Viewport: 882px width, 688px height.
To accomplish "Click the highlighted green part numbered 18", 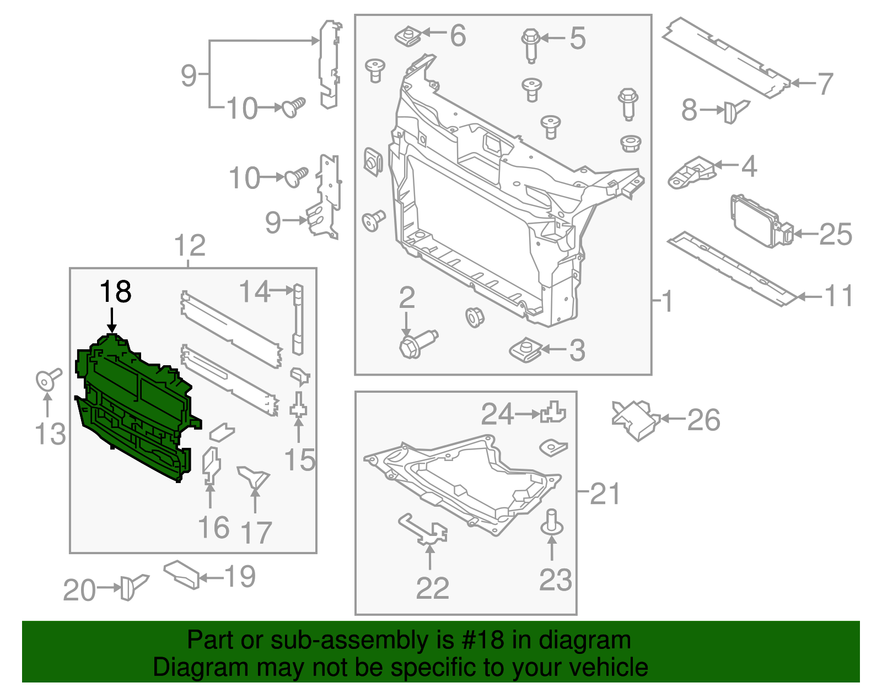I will (135, 408).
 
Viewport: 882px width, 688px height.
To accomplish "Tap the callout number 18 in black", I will (116, 292).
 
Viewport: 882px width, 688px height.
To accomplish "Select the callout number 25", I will (836, 235).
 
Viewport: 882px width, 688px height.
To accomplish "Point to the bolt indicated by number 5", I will (530, 44).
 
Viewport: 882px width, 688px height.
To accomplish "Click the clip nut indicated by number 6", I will (408, 37).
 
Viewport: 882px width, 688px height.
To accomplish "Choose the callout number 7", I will (825, 84).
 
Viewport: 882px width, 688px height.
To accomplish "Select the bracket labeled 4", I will (691, 172).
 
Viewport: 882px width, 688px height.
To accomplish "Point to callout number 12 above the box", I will (190, 246).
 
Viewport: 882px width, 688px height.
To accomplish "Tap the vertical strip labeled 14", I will (298, 319).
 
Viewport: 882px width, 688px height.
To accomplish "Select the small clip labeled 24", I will (553, 412).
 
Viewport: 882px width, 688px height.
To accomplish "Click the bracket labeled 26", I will (636, 420).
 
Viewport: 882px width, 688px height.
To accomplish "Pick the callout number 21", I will (605, 494).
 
